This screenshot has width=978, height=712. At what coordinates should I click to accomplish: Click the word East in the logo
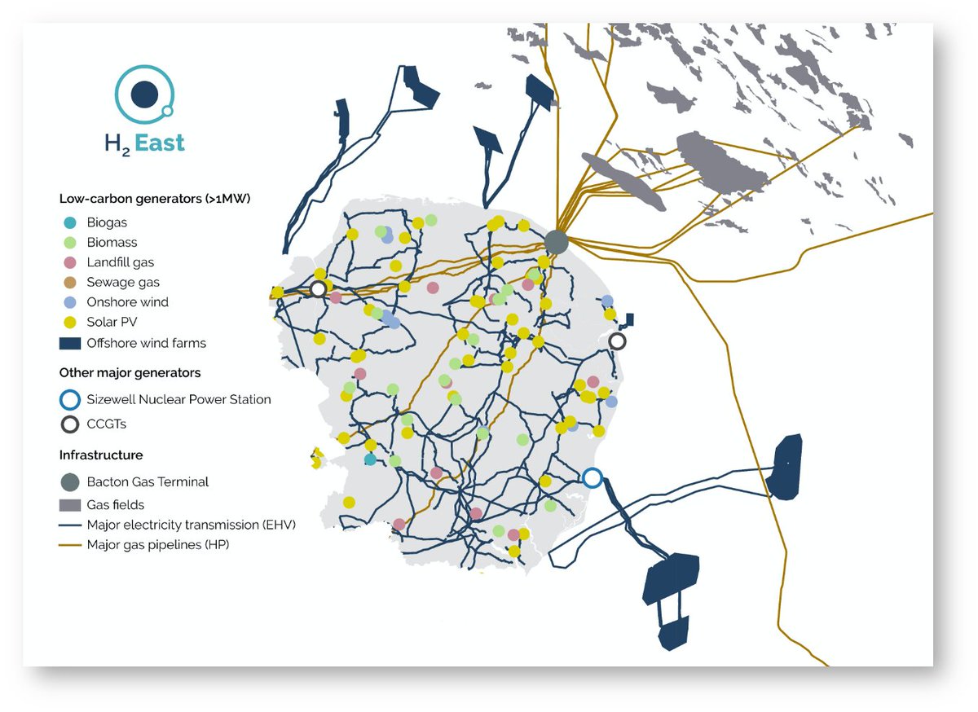point(160,143)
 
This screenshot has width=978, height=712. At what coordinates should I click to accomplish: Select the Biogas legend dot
point(70,222)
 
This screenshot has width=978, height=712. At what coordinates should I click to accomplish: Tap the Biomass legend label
point(112,242)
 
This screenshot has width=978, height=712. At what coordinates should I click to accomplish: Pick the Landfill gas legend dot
point(70,262)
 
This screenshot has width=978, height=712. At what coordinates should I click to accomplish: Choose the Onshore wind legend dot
point(70,302)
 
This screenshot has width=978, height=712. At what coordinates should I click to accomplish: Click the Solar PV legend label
point(112,322)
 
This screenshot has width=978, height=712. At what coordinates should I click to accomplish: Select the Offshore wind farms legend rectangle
point(70,343)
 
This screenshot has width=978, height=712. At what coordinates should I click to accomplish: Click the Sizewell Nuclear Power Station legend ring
point(70,400)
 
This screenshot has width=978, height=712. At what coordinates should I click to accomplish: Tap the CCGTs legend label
point(107,424)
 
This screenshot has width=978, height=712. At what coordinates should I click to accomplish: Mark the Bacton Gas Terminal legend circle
point(70,481)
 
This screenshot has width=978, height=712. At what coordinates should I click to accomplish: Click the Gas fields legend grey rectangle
point(70,505)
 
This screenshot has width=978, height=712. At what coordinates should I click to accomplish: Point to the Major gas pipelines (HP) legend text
point(158,544)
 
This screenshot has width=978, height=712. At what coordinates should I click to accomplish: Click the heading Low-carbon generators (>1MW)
point(154,199)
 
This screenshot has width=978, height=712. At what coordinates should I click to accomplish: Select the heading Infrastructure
point(101,455)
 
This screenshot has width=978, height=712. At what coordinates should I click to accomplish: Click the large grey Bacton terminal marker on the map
point(556,241)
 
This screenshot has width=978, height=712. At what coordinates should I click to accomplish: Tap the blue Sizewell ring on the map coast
point(593,477)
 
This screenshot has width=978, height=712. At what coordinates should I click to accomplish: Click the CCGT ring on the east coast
point(618,341)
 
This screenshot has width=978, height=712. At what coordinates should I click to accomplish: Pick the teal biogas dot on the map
point(371,459)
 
